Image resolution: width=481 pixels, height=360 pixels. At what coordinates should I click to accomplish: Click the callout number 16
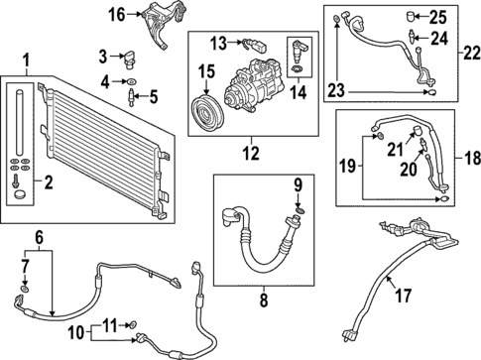pos(117,15)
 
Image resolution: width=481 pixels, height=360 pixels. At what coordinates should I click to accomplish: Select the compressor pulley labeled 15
pos(207,113)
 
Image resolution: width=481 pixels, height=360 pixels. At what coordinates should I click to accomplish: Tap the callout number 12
pos(251,153)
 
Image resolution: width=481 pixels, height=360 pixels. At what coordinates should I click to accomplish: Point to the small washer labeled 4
pos(132,81)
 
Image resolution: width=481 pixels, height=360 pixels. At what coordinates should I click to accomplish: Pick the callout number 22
pos(472,54)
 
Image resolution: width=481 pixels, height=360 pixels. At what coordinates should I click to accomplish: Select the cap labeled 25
pos(411,16)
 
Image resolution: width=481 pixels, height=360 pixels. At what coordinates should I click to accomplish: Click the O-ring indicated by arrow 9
pos(300,210)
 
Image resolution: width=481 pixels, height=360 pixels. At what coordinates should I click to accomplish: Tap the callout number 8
pos(264,300)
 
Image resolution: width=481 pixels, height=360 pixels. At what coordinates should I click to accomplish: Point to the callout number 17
pos(404,296)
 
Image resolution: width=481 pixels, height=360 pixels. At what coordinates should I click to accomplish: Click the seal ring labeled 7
pos(25,289)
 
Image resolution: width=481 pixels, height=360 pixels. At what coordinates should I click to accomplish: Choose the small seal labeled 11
pos(133,324)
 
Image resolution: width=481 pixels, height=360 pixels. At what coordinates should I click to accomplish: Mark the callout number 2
pos(49,182)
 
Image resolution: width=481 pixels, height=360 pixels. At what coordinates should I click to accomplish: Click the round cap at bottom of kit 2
pos(20,194)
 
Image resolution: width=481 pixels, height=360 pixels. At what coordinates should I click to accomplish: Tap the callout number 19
pos(348,166)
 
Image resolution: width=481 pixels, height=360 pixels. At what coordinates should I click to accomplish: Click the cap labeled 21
pos(417,130)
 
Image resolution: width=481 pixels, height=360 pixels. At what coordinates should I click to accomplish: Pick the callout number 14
pos(299,92)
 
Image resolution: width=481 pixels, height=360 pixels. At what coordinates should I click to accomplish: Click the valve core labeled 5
pos(132,97)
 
